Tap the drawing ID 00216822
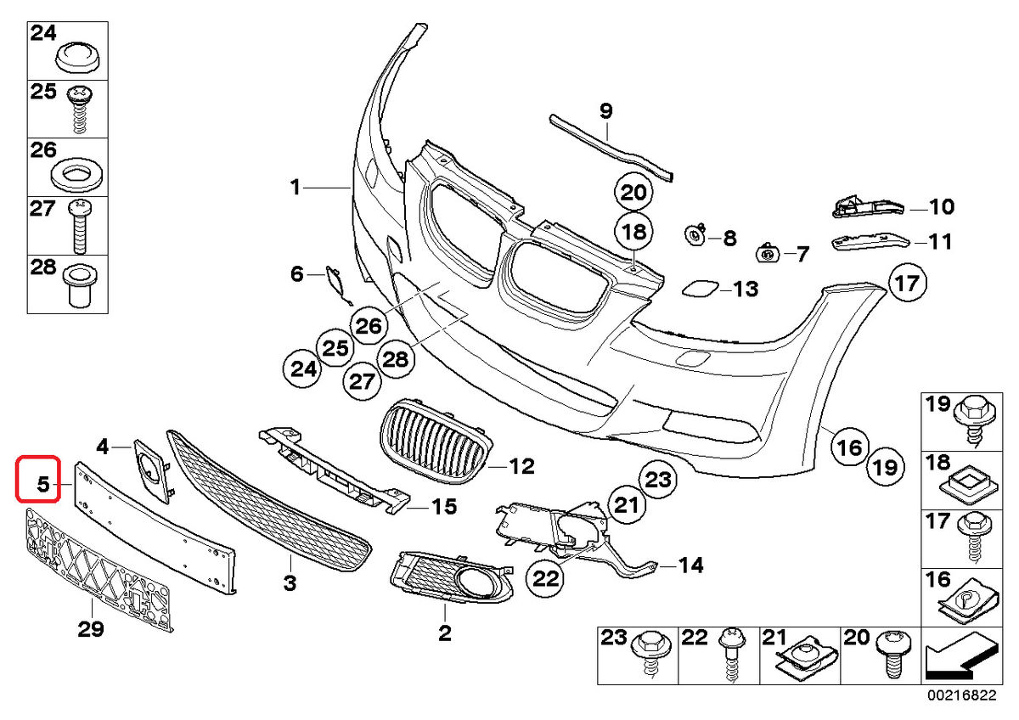click(965, 695)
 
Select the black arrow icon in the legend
click(959, 658)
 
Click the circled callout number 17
click(907, 283)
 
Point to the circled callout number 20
click(633, 193)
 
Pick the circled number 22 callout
click(546, 579)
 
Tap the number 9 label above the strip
click(605, 110)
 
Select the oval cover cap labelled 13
click(700, 290)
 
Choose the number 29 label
click(91, 629)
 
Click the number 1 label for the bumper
click(294, 187)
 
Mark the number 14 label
click(691, 564)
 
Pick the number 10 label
click(941, 205)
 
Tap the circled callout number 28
click(395, 359)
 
